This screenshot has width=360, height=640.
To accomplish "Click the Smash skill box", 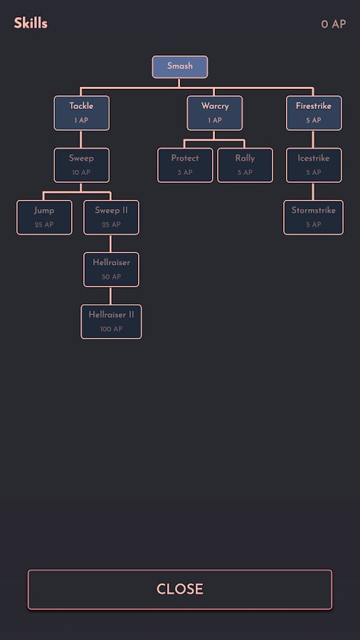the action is coord(180,67).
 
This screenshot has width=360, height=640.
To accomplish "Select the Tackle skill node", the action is coord(82,113).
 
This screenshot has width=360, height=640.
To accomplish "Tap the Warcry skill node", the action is coord(215,113).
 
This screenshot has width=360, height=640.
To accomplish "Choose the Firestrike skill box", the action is coord(314,113).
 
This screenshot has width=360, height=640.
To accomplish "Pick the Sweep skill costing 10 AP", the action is coord(82,165).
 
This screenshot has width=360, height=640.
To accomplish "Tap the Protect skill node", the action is coord(185,165).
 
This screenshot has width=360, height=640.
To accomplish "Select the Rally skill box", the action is coord(245,165).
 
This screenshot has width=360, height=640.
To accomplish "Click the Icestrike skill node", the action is coord(314,165).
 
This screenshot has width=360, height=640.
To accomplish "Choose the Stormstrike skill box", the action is coord(314,218).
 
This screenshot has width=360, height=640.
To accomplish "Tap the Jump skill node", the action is coord(45,218).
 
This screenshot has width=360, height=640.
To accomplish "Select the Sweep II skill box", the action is coord(112,218).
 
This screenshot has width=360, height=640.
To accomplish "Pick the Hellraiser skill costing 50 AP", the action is coord(112,270).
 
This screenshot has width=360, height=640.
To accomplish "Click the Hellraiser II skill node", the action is coord(112,322).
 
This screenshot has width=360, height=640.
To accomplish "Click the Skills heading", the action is coord(31,23).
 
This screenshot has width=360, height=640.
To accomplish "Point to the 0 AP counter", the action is coord(334,24).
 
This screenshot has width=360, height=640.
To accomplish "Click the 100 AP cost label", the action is coord(112,329).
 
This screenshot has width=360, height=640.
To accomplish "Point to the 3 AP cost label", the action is coord(185,173).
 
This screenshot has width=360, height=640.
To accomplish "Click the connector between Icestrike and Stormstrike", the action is coord(314,191).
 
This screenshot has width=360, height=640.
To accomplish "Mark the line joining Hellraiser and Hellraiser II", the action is coord(110,296).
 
